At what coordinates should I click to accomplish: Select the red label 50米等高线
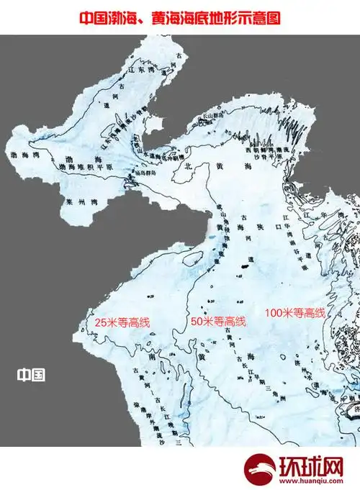pos(217,321)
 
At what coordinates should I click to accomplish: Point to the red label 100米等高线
pos(295,313)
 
